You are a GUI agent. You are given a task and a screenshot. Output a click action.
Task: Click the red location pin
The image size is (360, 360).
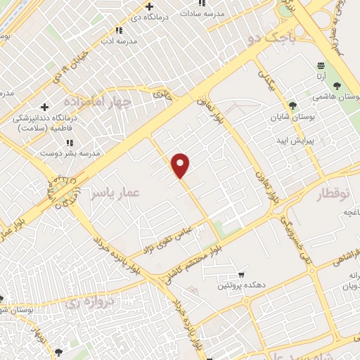point(181,165)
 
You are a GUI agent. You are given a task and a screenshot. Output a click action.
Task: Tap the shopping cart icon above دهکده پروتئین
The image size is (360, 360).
point(242,274)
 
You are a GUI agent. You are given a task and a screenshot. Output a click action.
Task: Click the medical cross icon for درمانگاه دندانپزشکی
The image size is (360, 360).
point(45,107)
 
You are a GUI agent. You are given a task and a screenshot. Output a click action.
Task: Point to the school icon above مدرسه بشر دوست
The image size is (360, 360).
point(69,143)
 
